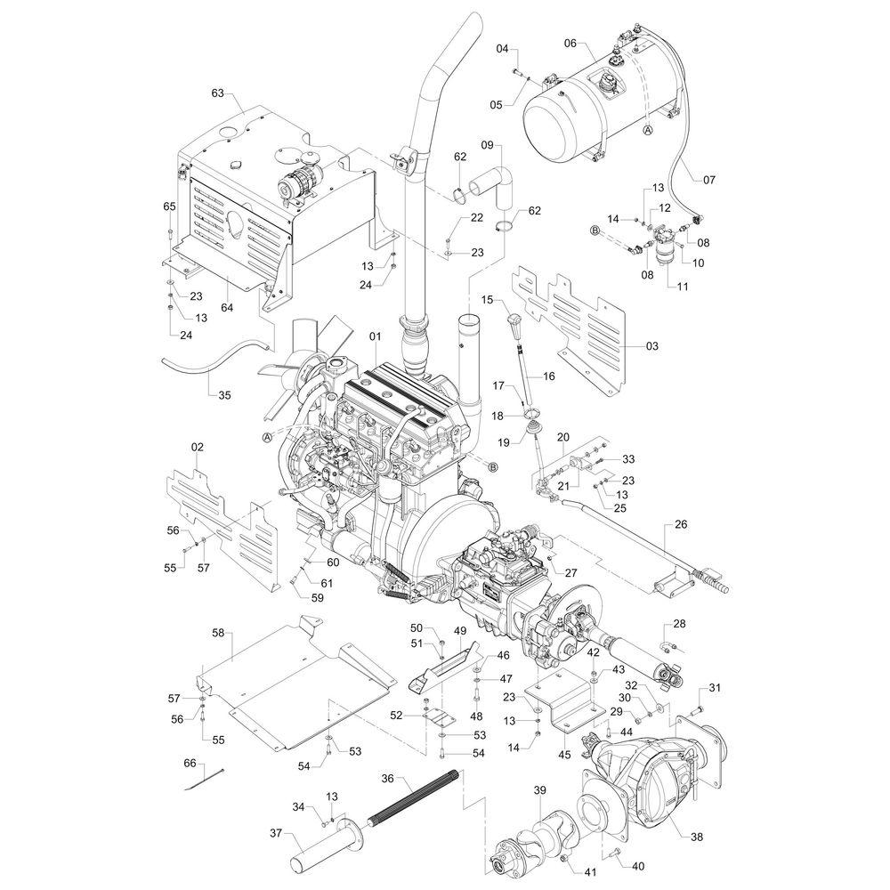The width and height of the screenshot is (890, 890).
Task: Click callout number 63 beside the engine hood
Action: pos(217,92)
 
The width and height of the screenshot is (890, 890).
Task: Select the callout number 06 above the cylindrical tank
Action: pos(570,43)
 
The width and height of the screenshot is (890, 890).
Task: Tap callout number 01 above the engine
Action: pos(375,336)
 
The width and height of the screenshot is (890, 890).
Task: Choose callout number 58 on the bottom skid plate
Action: pos(218,634)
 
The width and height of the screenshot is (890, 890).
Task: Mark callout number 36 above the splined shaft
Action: pos(387,777)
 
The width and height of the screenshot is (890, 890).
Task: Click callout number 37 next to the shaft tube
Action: pos(276,833)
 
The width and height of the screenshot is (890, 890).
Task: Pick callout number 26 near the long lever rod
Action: pos(681,524)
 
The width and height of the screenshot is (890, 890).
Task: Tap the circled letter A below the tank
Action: pos(648,130)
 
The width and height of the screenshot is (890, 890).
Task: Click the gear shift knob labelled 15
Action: pos(514,320)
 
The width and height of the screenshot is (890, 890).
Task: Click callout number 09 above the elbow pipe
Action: pos(487,144)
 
